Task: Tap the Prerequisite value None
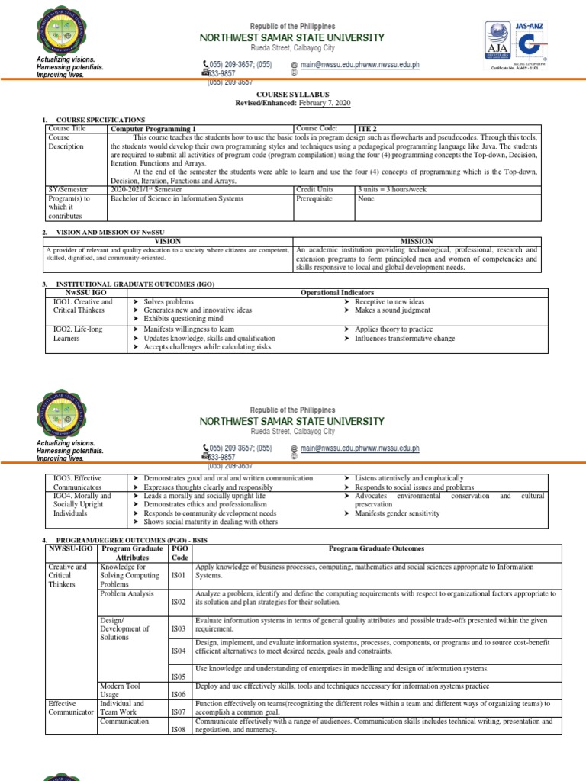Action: pos(367,198)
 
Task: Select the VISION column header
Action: pos(168,241)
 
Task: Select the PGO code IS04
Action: pos(178,651)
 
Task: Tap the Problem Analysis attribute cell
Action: pos(131,593)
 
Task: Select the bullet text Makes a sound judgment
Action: pos(391,310)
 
